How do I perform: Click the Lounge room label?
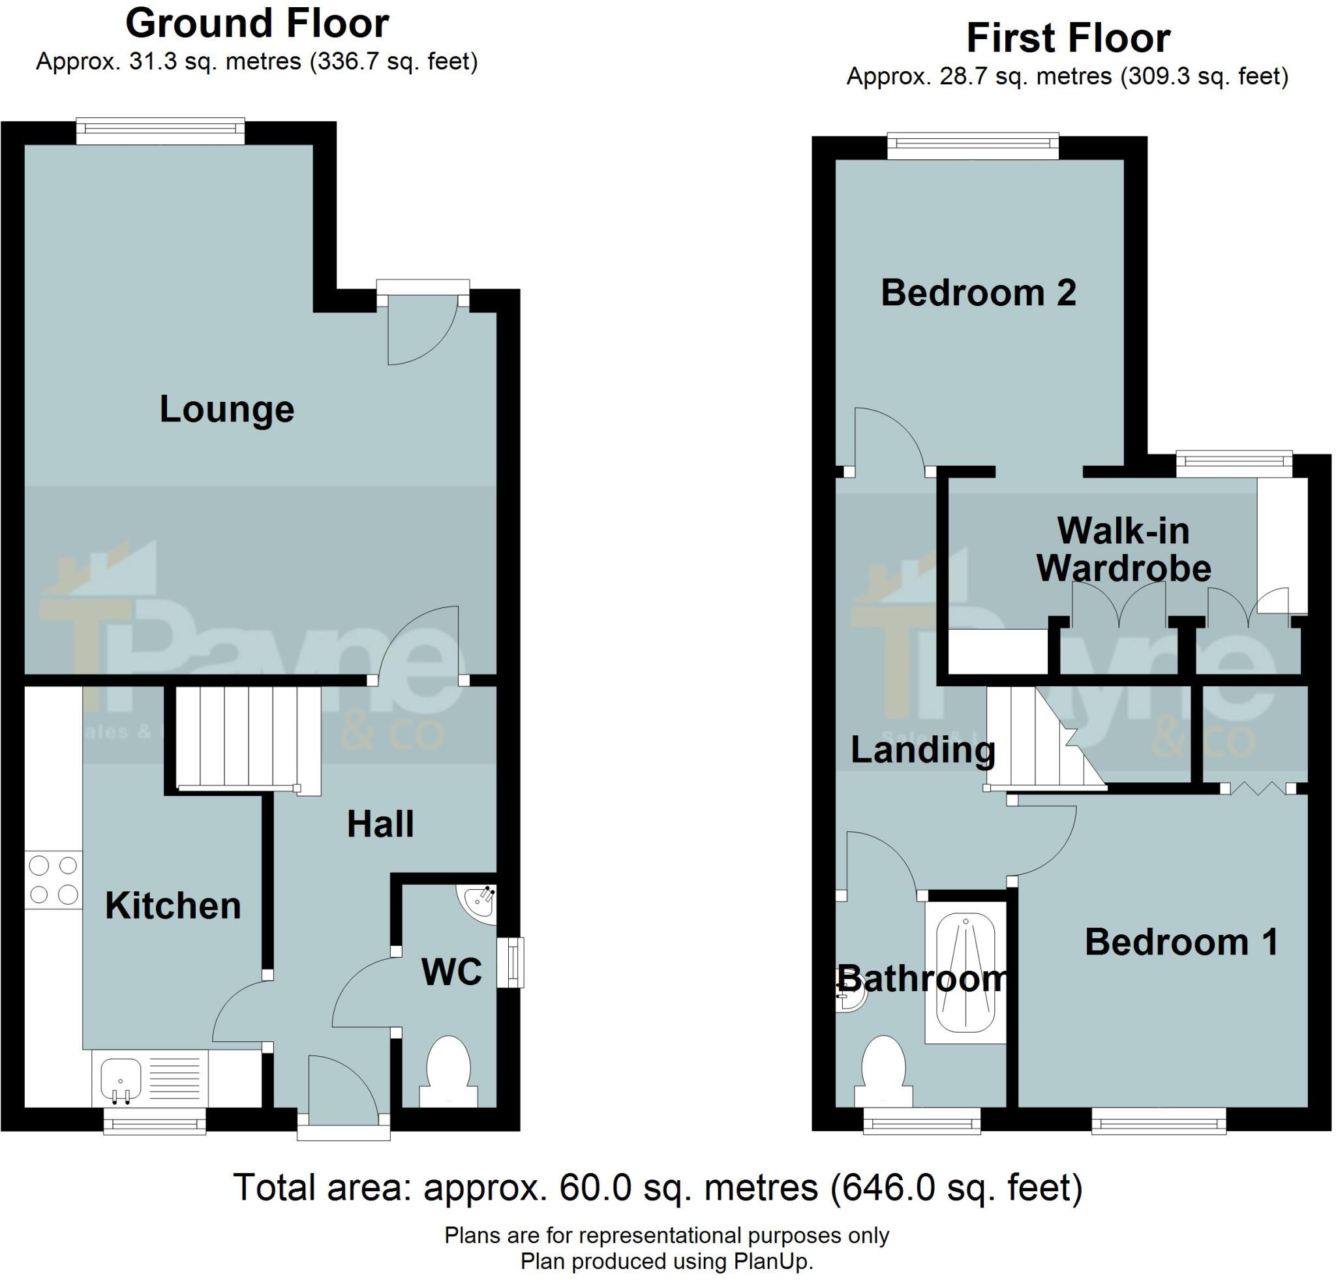click(x=226, y=409)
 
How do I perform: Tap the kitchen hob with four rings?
click(x=53, y=880)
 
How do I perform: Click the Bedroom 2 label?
click(x=978, y=293)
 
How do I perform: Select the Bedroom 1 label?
click(x=1181, y=942)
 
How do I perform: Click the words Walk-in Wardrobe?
click(x=1123, y=549)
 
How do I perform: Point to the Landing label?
click(x=923, y=750)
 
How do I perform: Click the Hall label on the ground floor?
click(x=380, y=824)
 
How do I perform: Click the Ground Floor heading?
click(x=257, y=24)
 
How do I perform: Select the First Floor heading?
click(x=1068, y=38)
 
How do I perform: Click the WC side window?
click(x=511, y=962)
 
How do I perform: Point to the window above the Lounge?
click(x=160, y=131)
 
